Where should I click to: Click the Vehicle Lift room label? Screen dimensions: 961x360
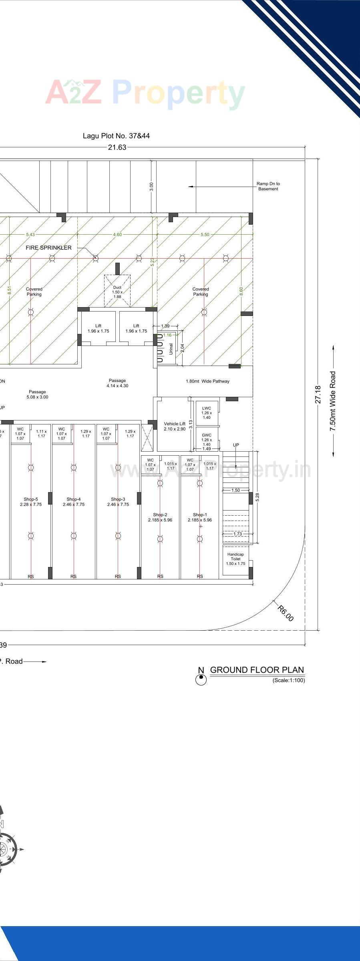(175, 426)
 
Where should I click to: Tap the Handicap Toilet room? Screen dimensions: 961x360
(235, 559)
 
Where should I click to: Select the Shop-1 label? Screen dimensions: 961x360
(200, 517)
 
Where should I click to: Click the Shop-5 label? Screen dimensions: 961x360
(31, 502)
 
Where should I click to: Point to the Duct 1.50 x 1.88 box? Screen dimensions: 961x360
(117, 292)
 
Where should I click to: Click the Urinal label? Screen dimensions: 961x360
(171, 349)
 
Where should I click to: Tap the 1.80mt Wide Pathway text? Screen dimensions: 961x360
(207, 381)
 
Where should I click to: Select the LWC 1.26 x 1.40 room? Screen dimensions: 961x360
(207, 413)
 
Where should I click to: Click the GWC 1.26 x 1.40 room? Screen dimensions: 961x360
(207, 440)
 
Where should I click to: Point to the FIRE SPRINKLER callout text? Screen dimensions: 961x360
(48, 248)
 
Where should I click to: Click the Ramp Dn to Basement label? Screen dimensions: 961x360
(268, 186)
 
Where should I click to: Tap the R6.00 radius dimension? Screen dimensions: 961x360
(286, 613)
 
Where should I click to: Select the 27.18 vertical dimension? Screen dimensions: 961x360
(318, 394)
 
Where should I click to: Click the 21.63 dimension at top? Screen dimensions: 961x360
(117, 147)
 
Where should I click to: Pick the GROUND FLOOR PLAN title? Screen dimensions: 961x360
(257, 670)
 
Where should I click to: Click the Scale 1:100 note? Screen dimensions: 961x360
(288, 680)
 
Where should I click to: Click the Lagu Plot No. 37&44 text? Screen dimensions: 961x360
(116, 136)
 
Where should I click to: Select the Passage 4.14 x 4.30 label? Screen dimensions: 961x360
(117, 383)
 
